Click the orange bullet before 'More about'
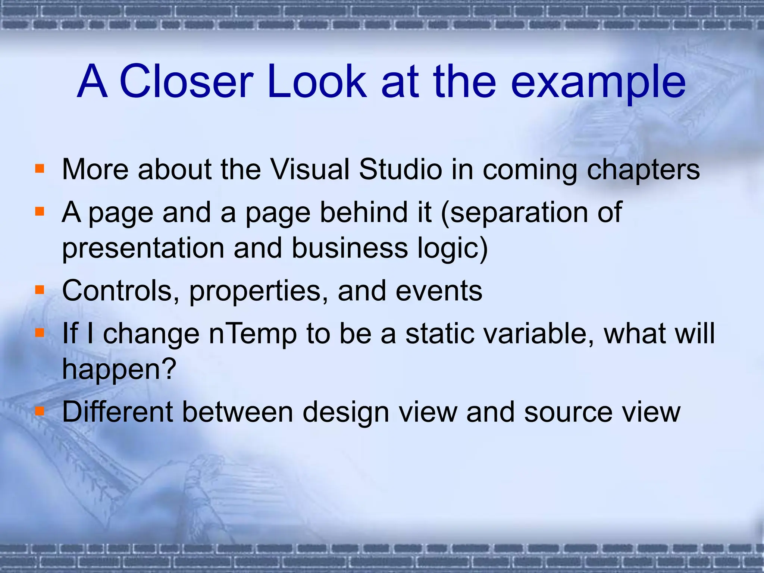pyautogui.click(x=40, y=169)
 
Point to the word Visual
pyautogui.click(x=310, y=170)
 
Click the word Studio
pyautogui.click(x=400, y=170)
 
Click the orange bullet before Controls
pyautogui.click(x=40, y=290)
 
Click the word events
pyautogui.click(x=439, y=291)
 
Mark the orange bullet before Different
pyautogui.click(x=40, y=411)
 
